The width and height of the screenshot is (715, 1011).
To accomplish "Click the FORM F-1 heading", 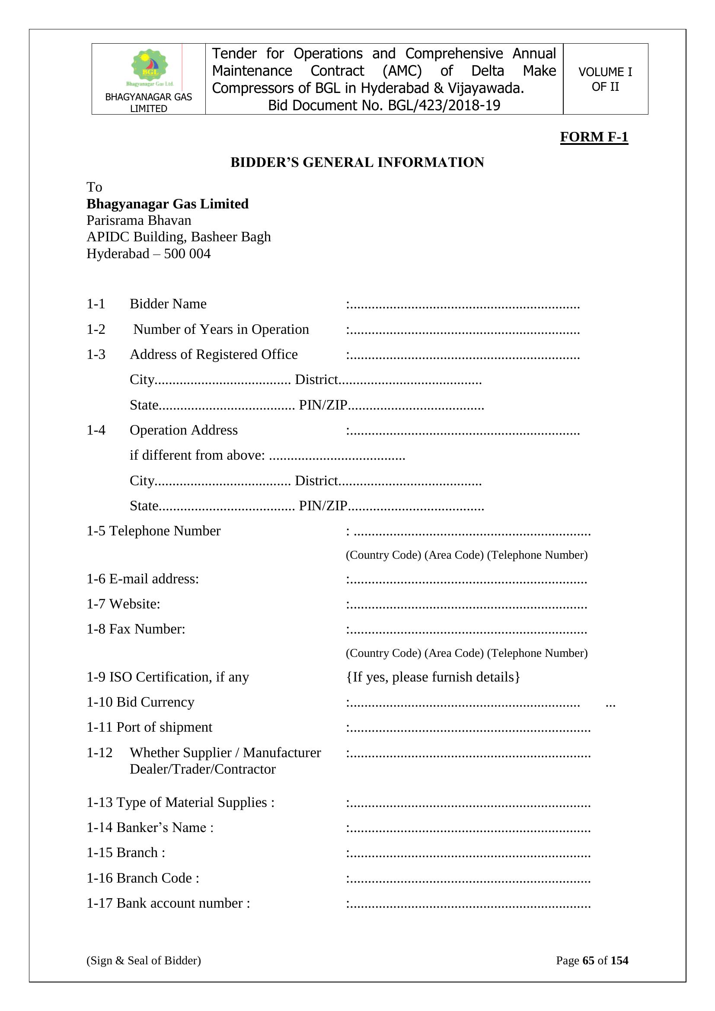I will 594,137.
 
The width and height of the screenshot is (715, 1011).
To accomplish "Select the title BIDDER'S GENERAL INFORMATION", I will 357,163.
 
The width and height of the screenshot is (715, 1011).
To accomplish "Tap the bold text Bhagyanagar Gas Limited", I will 167,204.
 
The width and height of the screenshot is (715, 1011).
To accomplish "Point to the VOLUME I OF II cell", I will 605,79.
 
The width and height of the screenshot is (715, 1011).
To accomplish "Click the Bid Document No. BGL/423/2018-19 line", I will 384,106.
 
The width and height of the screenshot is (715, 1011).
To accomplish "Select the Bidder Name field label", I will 168,304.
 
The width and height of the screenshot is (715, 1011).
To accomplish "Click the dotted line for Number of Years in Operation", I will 464,331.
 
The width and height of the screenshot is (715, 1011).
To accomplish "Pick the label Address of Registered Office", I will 214,355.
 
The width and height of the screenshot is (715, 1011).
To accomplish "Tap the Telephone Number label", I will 164,531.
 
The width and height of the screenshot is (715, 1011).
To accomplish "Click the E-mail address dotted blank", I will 468,580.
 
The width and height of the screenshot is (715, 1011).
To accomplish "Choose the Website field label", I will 134,604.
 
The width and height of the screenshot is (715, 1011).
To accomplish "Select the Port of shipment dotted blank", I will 469,729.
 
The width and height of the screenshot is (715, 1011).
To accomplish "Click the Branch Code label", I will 157,878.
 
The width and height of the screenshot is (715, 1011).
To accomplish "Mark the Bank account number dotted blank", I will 469,905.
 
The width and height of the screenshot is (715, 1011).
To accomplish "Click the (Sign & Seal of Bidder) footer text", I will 144,960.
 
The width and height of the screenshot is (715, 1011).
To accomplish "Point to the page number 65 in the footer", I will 588,960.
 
